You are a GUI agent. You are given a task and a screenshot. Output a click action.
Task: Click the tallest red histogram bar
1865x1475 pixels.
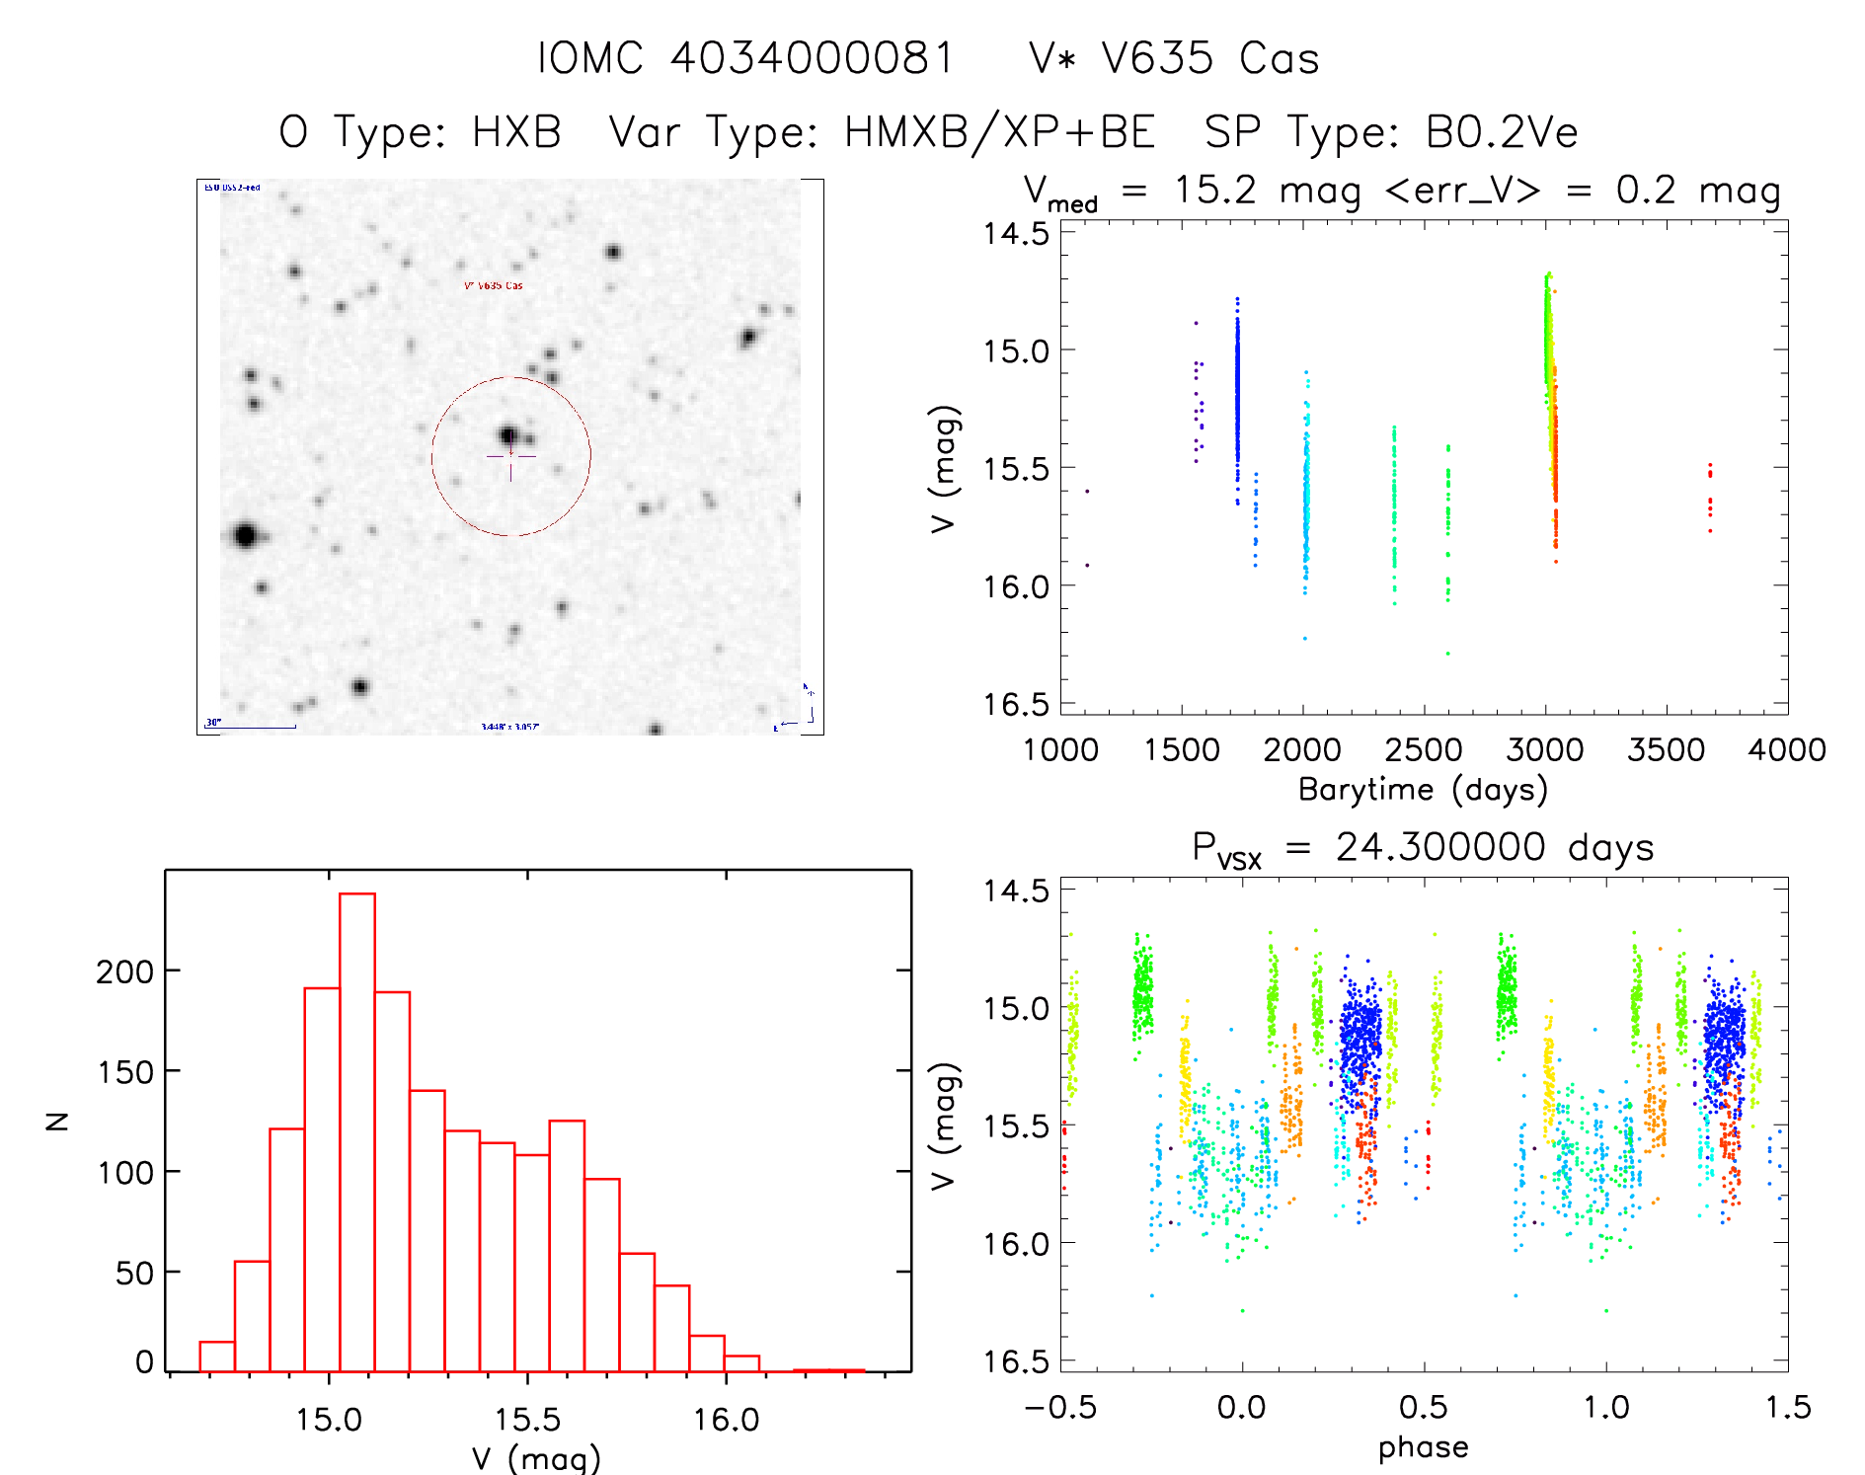[x=356, y=1130]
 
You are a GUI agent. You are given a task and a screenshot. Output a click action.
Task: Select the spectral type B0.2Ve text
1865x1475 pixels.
[x=1501, y=132]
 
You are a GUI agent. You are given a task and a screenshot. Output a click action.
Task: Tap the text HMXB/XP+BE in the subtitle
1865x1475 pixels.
[x=999, y=132]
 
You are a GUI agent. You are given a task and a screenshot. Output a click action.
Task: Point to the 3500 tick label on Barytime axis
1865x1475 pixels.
[x=1666, y=750]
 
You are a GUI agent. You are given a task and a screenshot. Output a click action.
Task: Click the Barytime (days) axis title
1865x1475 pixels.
[x=1422, y=790]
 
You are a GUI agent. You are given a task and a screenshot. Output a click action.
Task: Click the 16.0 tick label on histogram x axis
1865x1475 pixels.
[x=726, y=1420]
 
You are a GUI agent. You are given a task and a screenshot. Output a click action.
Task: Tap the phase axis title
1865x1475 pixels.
[x=1423, y=1447]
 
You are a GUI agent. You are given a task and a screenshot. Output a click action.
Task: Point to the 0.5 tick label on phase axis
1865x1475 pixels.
[x=1423, y=1407]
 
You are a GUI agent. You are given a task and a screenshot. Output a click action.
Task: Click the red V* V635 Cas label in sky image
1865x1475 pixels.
[x=494, y=286]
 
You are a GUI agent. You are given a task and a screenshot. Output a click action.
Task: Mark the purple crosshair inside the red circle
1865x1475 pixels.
[x=510, y=456]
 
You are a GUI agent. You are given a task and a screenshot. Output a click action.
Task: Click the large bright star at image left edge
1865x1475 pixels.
[x=246, y=536]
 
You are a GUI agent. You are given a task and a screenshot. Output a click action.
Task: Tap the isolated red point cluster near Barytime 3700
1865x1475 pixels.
[x=1709, y=499]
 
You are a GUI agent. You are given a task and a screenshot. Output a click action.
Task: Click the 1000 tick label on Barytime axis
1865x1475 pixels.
[x=1060, y=750]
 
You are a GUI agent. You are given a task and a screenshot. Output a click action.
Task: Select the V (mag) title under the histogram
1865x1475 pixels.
[x=535, y=1458]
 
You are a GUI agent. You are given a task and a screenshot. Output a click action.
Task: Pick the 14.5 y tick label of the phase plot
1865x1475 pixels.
[x=1015, y=892]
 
